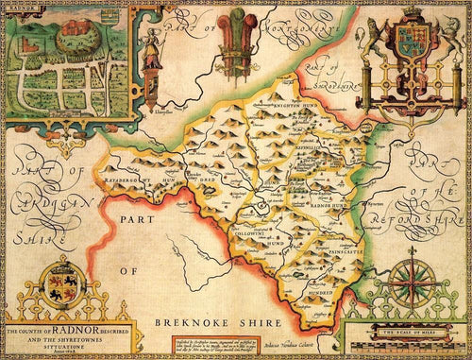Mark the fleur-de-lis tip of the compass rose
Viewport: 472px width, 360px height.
point(413,251)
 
